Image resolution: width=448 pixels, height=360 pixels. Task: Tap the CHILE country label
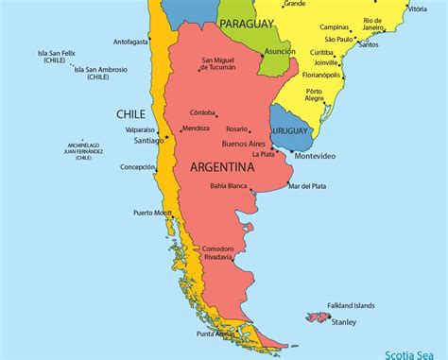tap(130, 113)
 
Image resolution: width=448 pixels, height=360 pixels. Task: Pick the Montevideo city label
tap(315, 156)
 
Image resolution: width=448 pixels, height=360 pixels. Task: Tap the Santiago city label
tap(148, 140)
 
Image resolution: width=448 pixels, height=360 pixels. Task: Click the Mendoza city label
tap(196, 128)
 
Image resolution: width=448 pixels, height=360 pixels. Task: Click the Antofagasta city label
tap(131, 42)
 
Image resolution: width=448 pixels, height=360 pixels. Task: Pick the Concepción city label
tap(138, 167)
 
